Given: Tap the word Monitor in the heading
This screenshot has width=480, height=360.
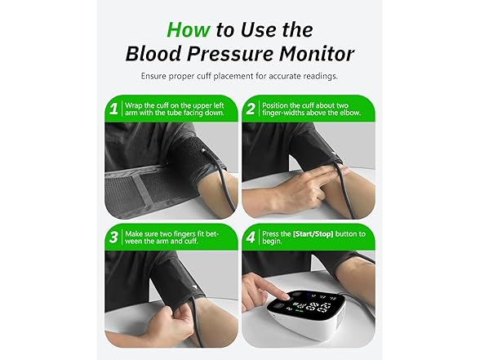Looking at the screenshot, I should (x=317, y=54).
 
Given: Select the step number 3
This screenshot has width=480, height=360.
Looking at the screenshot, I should (x=113, y=238).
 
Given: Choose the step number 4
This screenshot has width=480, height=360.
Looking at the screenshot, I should (x=251, y=238).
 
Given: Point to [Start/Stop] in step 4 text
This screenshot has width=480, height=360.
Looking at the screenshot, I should (x=306, y=233).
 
